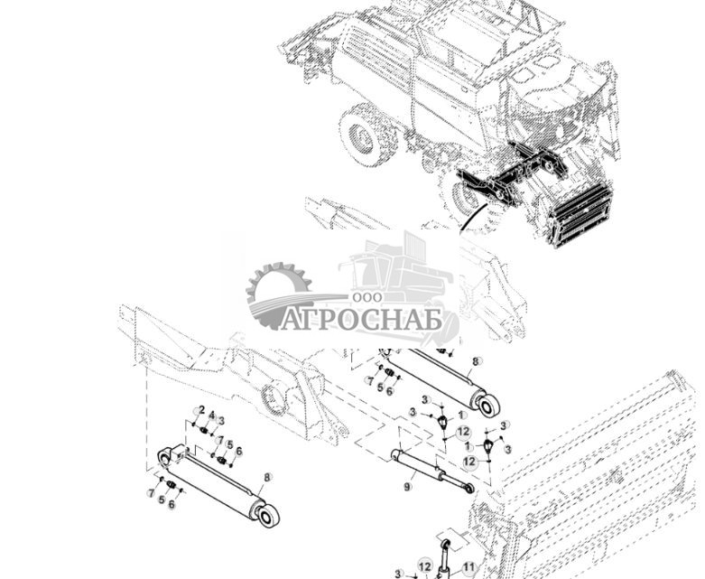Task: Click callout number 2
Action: coord(201,411)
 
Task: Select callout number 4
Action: coord(211,416)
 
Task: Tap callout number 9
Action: coord(407,487)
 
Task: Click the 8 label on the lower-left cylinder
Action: coord(267,477)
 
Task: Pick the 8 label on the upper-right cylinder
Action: coord(476,361)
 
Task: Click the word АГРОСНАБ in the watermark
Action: coord(361,320)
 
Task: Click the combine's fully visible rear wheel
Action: coord(365,135)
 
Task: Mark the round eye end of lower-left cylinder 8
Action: coord(268,516)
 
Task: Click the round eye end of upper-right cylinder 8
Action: coord(488,406)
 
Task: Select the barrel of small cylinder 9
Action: coord(415,465)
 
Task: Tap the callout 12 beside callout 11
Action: coord(425,566)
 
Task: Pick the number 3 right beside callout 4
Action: coord(221,421)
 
